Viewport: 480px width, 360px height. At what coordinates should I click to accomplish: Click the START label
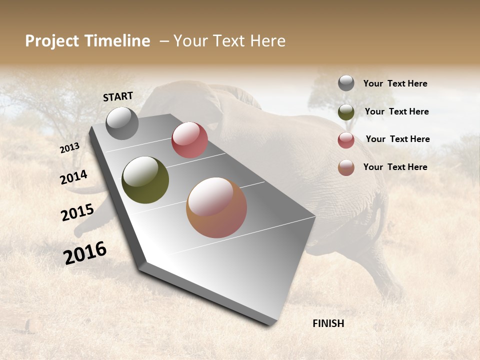tap(118, 96)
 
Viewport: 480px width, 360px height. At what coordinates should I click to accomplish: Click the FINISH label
tap(328, 323)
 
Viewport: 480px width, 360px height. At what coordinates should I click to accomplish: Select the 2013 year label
tap(69, 148)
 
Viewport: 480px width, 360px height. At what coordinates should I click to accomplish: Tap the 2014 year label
tap(73, 177)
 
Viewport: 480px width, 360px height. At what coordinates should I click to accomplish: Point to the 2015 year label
tap(77, 212)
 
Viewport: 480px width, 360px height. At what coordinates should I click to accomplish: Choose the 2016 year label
tap(85, 253)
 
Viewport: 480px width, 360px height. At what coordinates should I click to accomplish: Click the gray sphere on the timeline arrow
tap(122, 123)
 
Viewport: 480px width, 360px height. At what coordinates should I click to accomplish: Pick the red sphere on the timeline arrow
tap(189, 140)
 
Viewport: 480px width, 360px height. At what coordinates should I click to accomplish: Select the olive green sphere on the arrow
tap(145, 180)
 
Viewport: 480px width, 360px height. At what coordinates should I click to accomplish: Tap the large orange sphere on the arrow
tap(216, 207)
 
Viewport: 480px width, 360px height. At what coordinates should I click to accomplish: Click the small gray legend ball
tap(346, 83)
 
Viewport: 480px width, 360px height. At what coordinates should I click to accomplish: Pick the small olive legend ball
tap(346, 112)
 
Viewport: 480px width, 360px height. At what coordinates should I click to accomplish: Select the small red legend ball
tap(346, 140)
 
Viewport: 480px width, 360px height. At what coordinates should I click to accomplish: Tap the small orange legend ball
tap(346, 167)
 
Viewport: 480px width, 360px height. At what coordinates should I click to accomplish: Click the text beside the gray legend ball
tap(395, 83)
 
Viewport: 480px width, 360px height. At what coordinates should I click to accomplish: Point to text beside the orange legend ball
tap(395, 167)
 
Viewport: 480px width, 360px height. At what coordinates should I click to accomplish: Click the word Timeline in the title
tap(114, 41)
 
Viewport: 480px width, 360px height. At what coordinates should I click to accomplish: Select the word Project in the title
tap(51, 41)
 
